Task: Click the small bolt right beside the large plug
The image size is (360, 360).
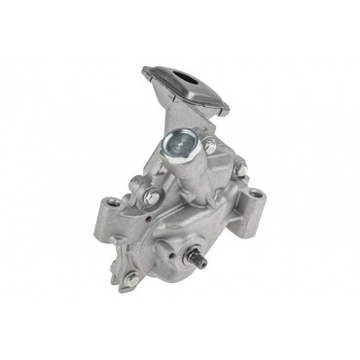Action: pyautogui.click(x=208, y=146)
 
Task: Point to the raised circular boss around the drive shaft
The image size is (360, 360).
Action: pyautogui.click(x=198, y=251)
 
